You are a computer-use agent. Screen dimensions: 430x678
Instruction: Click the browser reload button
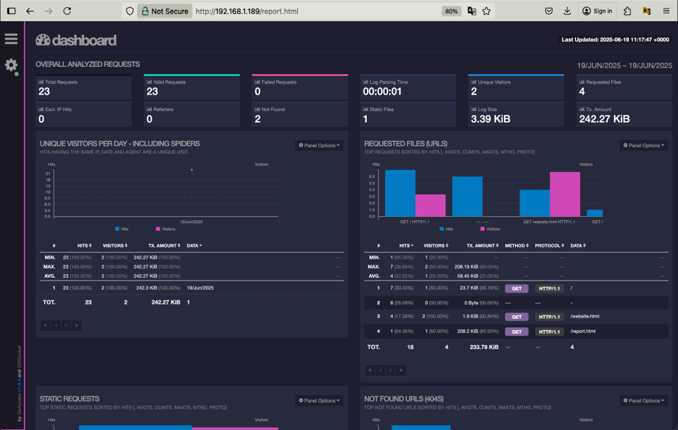[67, 11]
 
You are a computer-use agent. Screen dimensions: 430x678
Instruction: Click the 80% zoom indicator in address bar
[452, 11]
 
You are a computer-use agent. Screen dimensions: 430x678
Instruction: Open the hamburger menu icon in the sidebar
[11, 39]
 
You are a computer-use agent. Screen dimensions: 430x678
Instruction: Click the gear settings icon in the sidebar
[11, 65]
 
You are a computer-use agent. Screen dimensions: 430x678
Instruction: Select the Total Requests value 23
[44, 92]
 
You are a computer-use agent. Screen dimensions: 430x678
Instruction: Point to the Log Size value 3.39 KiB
[492, 119]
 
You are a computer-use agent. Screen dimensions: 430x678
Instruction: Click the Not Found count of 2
[258, 119]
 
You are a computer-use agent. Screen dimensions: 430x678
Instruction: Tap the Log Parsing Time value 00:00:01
[382, 92]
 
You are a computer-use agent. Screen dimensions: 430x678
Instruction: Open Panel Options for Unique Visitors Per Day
[319, 146]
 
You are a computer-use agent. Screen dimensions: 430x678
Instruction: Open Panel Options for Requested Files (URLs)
[644, 146]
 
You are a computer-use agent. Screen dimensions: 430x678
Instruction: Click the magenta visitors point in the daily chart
[192, 170]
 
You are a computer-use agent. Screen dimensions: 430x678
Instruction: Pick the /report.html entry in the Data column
[583, 331]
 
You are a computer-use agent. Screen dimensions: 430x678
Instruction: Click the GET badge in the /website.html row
[517, 317]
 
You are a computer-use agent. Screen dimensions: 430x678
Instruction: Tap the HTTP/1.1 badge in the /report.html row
[550, 331]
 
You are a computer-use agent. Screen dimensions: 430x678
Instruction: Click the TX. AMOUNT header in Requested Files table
[481, 245]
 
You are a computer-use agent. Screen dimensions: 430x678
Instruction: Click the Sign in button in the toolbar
[597, 11]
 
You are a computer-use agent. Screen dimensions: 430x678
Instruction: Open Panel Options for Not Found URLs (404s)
[644, 401]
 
